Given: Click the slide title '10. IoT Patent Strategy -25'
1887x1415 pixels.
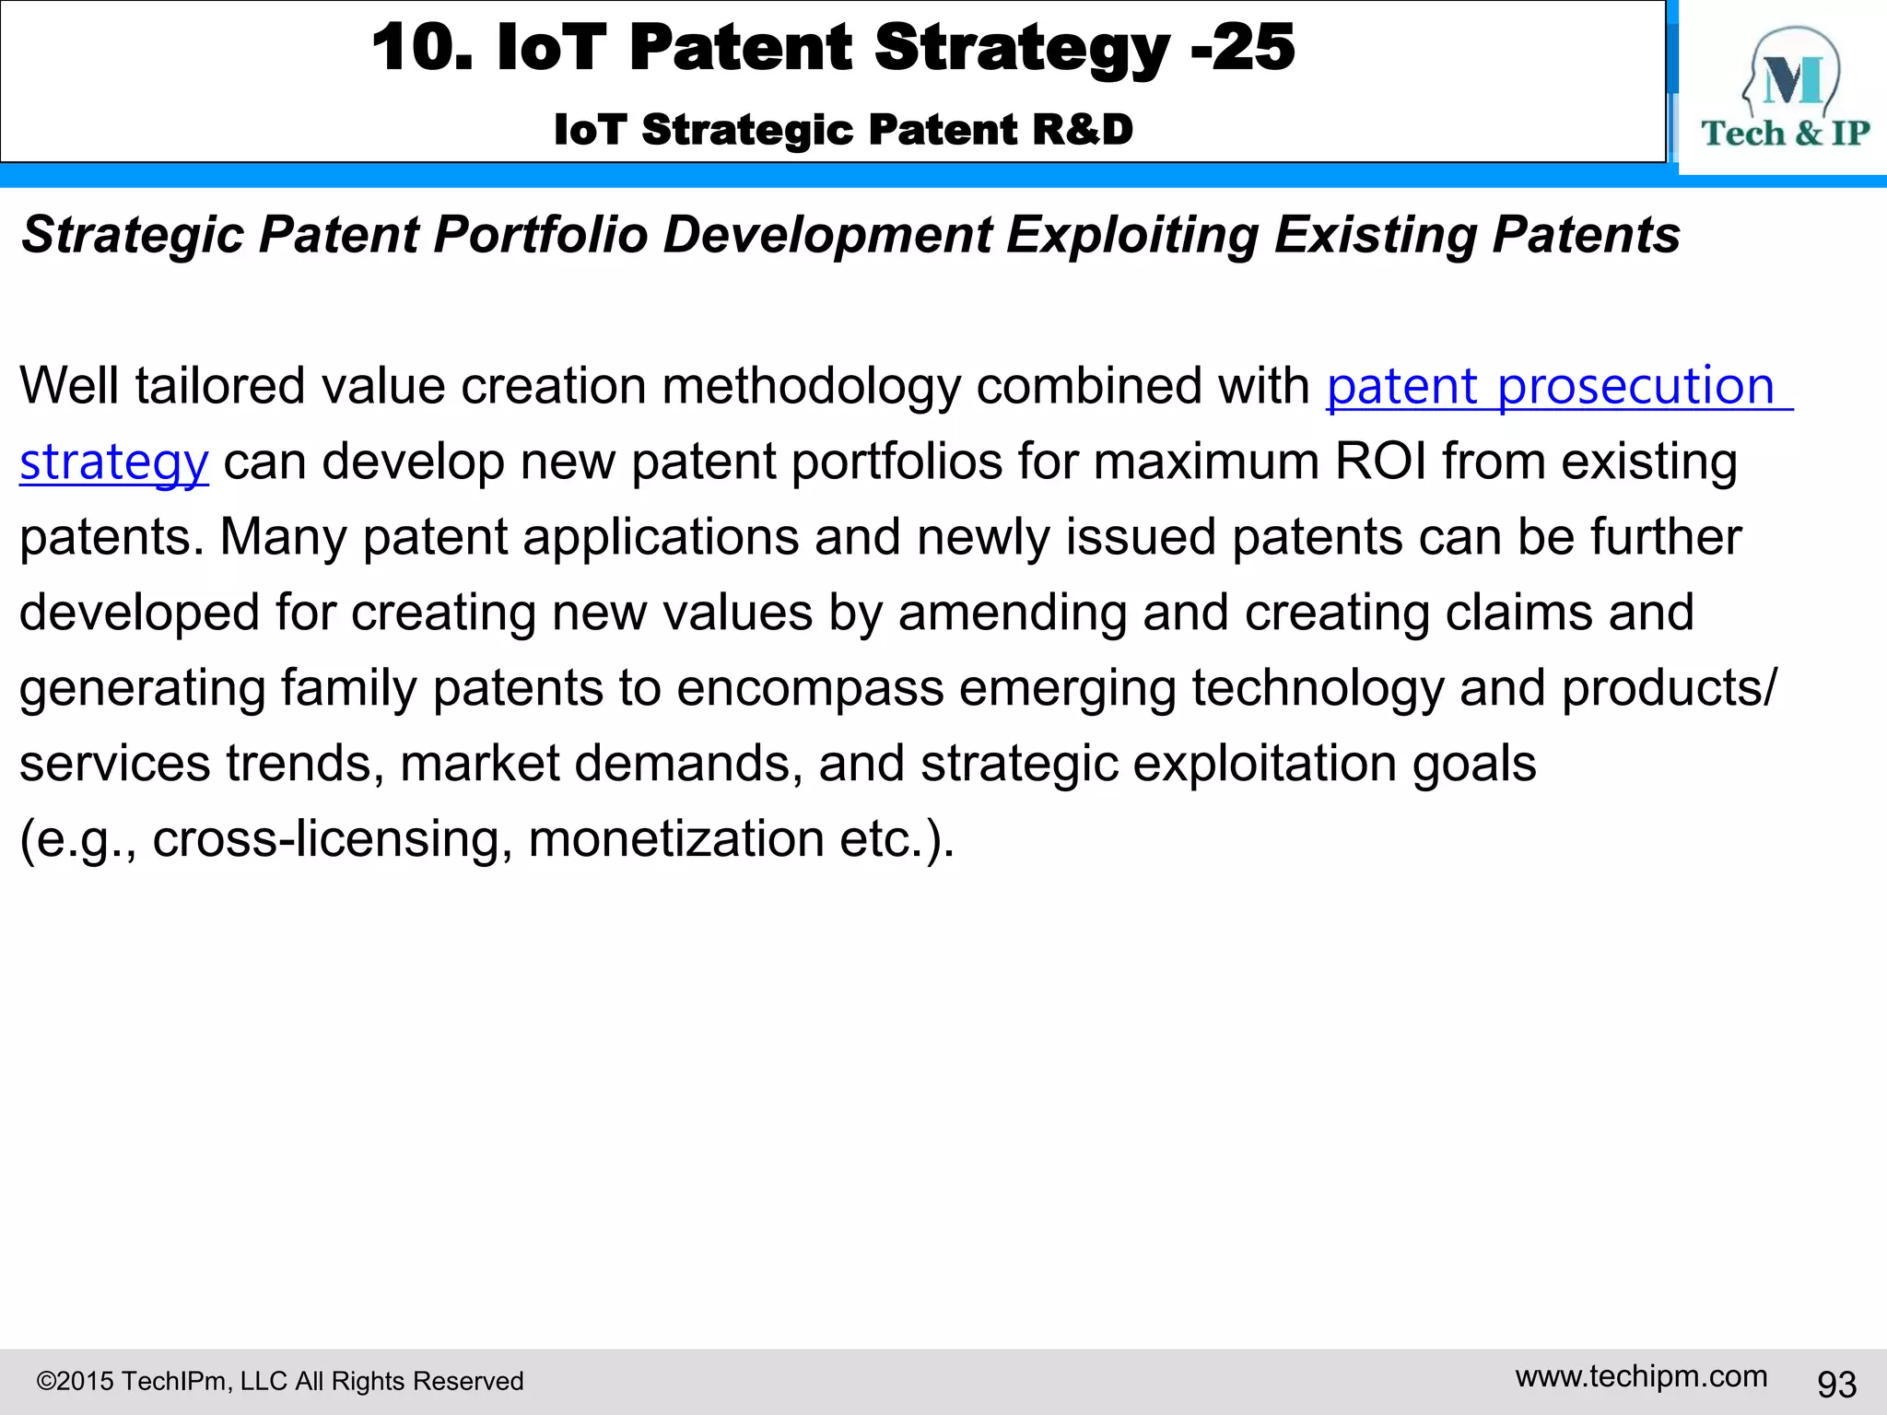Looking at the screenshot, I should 833,48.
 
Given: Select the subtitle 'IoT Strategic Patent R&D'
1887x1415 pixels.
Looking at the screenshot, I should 843,129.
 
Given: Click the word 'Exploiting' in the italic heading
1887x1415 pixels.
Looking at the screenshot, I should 1132,234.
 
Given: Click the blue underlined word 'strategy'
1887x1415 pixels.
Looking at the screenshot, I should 114,462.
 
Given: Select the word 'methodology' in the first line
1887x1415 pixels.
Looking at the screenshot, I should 811,386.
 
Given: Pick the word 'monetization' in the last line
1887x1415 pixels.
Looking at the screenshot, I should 675,839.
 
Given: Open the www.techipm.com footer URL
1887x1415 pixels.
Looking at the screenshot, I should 1641,1376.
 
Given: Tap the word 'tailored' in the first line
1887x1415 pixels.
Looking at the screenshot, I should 219,386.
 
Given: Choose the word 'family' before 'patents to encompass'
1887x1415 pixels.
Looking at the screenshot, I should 348,688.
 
